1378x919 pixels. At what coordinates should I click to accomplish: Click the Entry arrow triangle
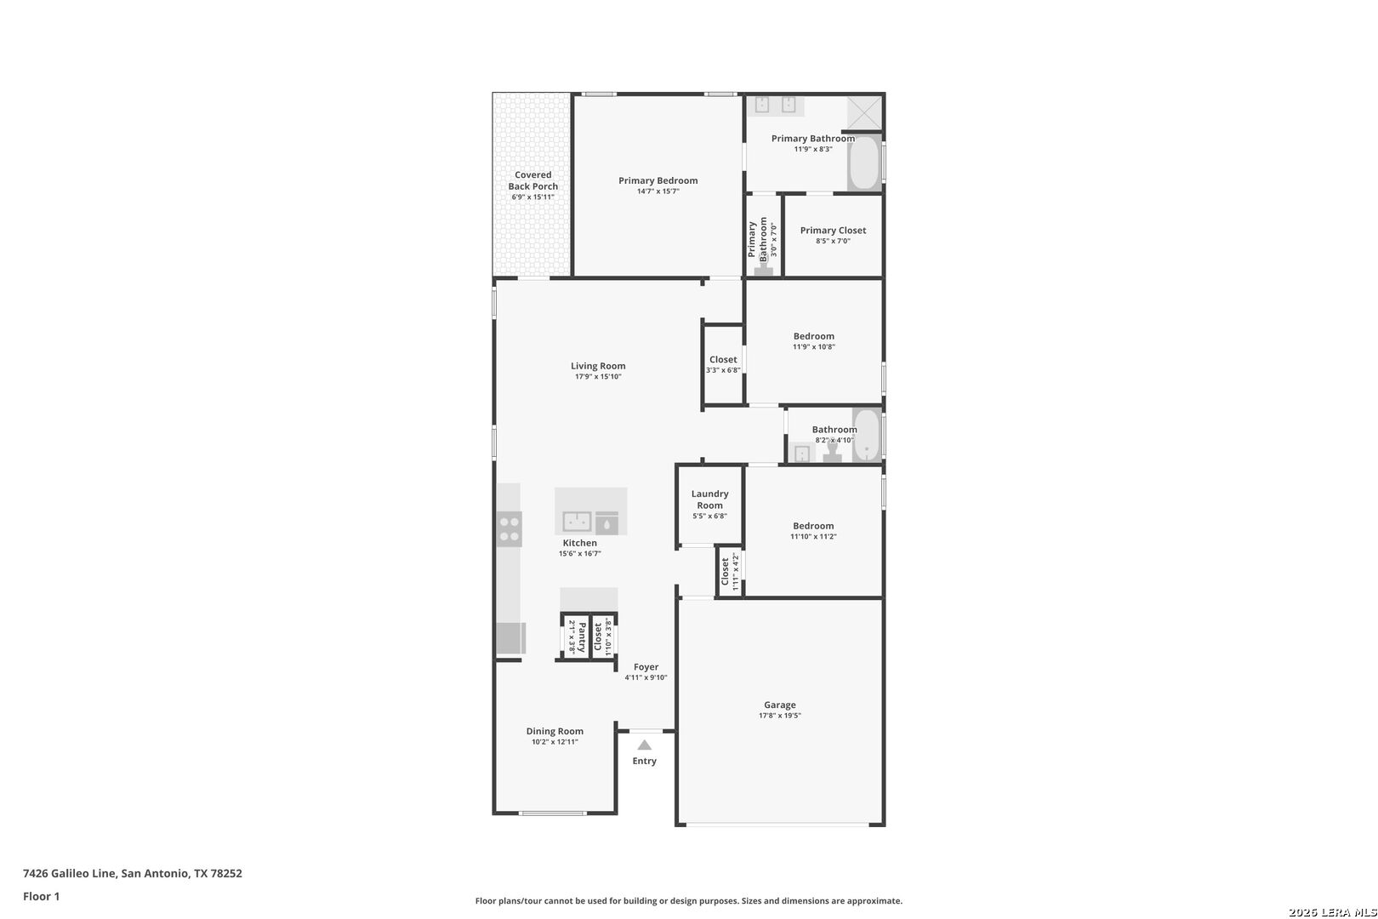(x=644, y=745)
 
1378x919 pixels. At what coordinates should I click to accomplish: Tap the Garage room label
(x=779, y=705)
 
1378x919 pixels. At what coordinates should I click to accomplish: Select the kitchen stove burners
(x=510, y=529)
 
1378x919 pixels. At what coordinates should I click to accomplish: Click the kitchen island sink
(x=577, y=522)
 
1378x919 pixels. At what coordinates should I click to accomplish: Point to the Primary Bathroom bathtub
(x=864, y=163)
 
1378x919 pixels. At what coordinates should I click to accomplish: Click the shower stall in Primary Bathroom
(x=865, y=113)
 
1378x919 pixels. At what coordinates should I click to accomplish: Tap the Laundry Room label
(x=709, y=499)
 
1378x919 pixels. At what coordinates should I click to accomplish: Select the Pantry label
(x=582, y=637)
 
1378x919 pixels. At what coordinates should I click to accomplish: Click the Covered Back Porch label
(x=532, y=180)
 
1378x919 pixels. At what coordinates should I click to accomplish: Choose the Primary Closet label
(x=833, y=231)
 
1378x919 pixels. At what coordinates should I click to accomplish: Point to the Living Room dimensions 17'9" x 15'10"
(x=598, y=377)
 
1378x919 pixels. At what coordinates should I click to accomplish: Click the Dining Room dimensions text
(x=555, y=742)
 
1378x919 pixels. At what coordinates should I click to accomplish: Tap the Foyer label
(x=646, y=666)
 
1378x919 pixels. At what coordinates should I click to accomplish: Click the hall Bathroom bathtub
(x=866, y=435)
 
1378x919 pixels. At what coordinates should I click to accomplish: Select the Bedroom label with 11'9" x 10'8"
(x=813, y=336)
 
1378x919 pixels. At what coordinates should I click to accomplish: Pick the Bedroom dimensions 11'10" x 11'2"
(x=813, y=537)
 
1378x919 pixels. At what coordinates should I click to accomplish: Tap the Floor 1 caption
(x=41, y=896)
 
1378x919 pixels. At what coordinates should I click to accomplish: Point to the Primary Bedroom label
(x=658, y=180)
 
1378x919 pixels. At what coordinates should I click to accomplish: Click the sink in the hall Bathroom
(x=801, y=454)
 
